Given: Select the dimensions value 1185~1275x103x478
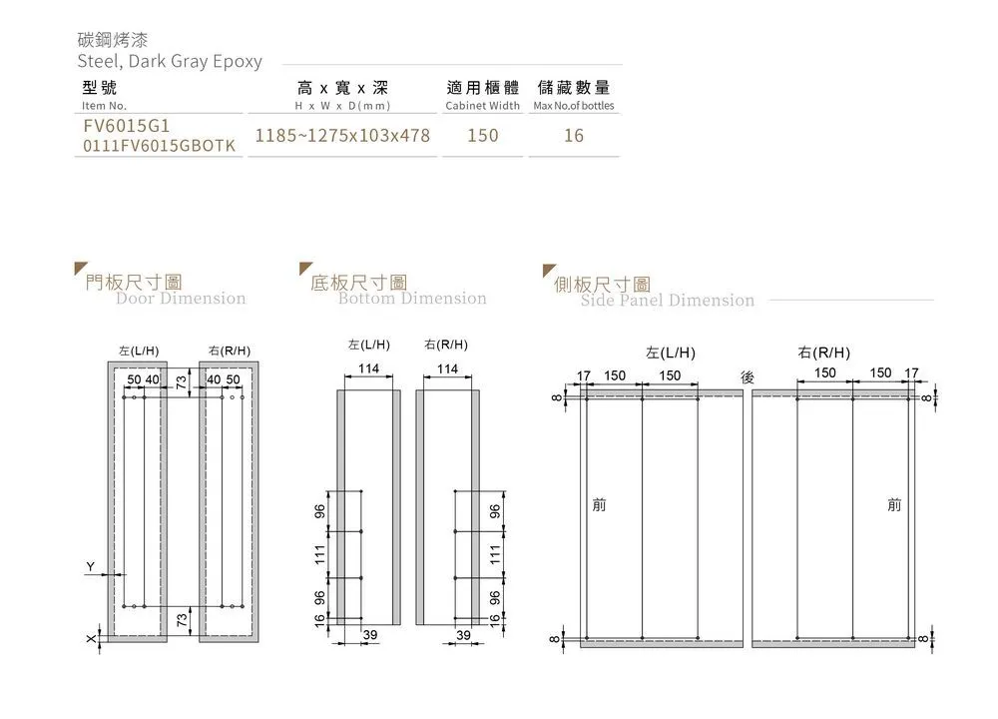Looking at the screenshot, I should [x=342, y=135].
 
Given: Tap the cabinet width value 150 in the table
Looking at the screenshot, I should [x=483, y=135].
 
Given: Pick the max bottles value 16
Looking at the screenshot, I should [x=574, y=135].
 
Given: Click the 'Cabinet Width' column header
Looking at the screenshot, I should [x=483, y=106].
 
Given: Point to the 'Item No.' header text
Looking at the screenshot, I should [x=104, y=106].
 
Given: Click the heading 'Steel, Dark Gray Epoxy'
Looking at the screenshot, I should [x=170, y=61].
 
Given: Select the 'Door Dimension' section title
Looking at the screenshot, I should [x=181, y=298].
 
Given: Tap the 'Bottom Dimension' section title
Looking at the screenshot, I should [x=412, y=298].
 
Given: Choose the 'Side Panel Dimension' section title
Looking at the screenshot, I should [x=668, y=300].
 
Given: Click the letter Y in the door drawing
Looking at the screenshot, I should [x=91, y=567].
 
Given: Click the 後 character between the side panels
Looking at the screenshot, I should [x=748, y=375].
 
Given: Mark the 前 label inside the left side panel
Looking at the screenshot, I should [x=599, y=505].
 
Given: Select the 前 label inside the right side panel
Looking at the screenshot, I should [x=894, y=505].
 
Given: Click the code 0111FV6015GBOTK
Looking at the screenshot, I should [x=160, y=147].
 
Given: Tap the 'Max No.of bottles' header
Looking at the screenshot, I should [x=574, y=106].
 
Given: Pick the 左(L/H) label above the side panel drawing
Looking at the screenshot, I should [x=671, y=353].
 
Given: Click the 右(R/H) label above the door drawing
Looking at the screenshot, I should [x=230, y=351].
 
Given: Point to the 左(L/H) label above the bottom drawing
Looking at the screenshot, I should [x=368, y=345].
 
